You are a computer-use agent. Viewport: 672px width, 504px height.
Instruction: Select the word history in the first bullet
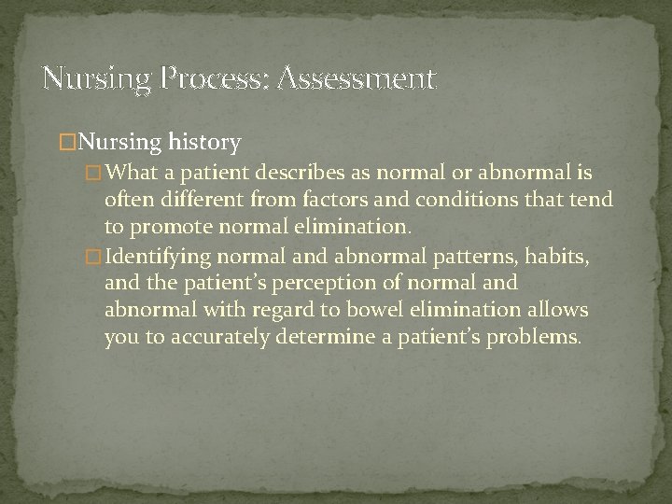(205, 143)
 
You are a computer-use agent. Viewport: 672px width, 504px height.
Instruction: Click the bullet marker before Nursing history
(66, 143)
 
